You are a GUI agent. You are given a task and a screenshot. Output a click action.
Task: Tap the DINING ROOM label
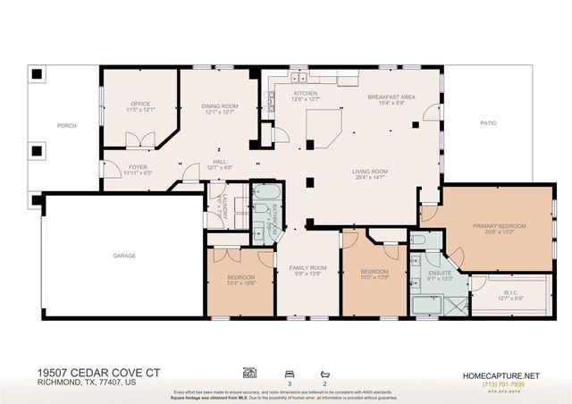click(219, 106)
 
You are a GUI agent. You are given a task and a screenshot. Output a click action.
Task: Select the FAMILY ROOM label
click(307, 268)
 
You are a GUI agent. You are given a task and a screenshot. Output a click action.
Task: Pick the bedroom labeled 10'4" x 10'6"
click(241, 281)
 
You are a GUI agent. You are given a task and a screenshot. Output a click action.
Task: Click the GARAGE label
click(124, 256)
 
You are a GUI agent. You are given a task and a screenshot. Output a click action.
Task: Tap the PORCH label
click(67, 126)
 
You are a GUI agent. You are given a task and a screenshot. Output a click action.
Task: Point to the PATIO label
click(488, 123)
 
